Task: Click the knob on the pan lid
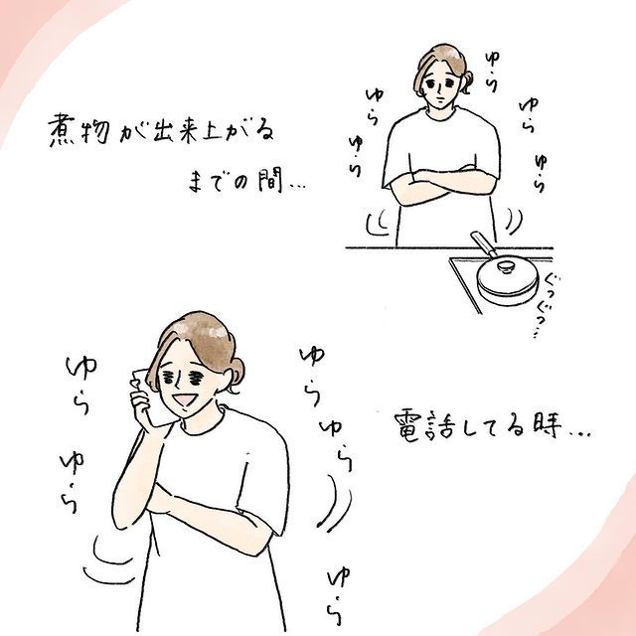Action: [x=506, y=266]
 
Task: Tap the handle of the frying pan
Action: [x=484, y=244]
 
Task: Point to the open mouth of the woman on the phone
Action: [x=185, y=399]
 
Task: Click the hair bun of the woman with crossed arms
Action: [x=467, y=81]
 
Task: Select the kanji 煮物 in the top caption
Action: [x=79, y=130]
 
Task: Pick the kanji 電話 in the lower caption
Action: [x=424, y=426]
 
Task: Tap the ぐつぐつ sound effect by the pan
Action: [x=545, y=305]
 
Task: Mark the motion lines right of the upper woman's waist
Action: [x=513, y=221]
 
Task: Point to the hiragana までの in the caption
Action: [x=217, y=183]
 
